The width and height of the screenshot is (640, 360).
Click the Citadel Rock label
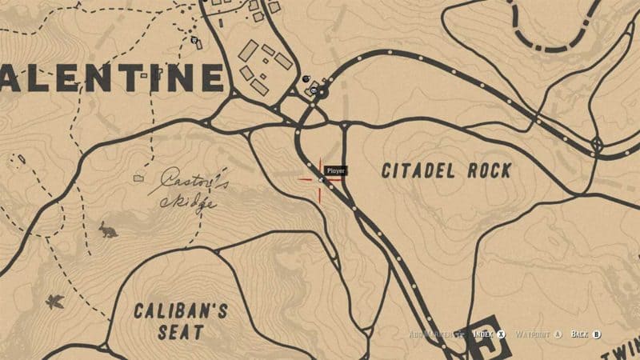[446, 170]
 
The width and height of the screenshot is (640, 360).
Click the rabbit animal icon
[106, 230]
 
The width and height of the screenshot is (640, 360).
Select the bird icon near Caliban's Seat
[54, 301]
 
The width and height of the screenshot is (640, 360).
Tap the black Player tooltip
[335, 170]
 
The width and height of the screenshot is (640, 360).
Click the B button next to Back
[598, 334]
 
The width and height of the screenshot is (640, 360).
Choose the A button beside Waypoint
[558, 334]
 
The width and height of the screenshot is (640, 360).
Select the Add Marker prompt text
[431, 334]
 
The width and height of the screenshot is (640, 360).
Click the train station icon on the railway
[318, 92]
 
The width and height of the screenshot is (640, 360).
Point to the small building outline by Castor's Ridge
[138, 177]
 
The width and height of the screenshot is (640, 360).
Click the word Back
[580, 334]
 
